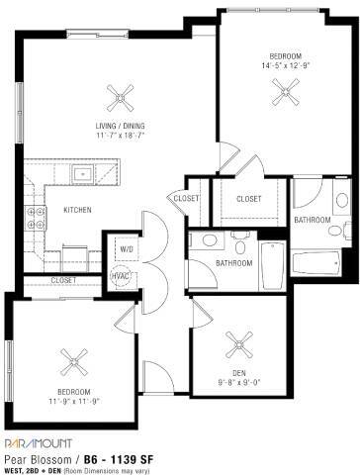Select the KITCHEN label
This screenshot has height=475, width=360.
(x=78, y=210)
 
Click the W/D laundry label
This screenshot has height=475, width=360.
(x=126, y=248)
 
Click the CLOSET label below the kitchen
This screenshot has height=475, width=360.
(x=62, y=281)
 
